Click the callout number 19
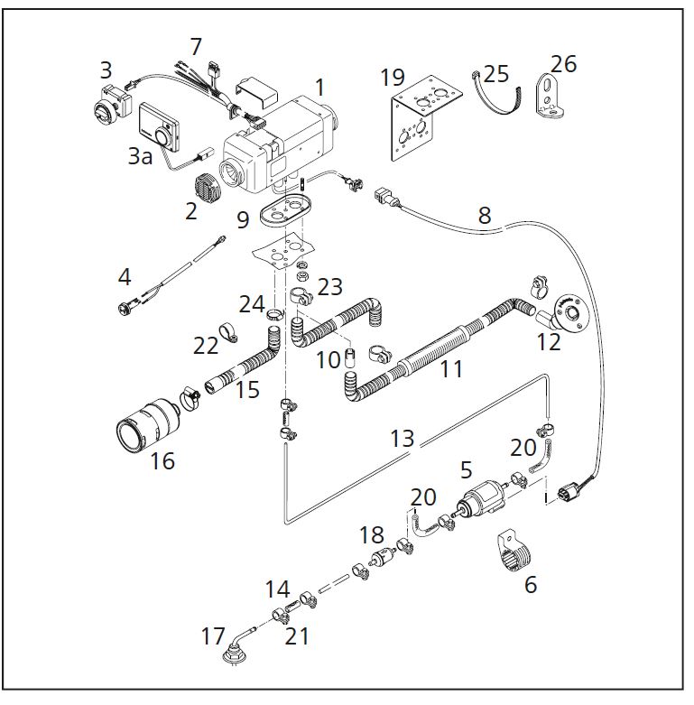coord(393,77)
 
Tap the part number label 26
coord(563,65)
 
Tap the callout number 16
coord(162,460)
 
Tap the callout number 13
coord(403,439)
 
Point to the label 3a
coord(139,156)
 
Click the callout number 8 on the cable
coord(485,216)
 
